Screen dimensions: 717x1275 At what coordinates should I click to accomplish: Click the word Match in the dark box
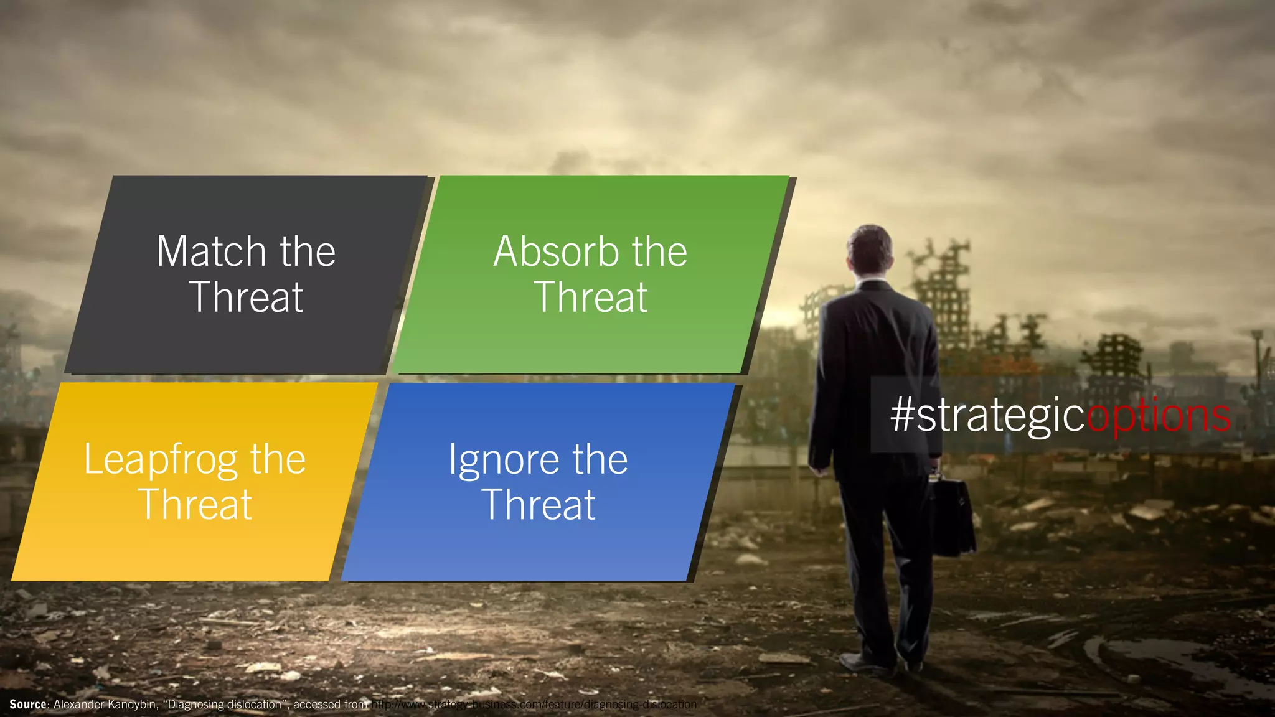coord(211,251)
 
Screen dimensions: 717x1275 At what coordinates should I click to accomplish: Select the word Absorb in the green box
coord(556,251)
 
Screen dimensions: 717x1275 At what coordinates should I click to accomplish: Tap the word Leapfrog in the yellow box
coord(161,461)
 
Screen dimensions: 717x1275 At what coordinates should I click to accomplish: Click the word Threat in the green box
coord(591,297)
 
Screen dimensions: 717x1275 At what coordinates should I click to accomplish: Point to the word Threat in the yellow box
coord(195,504)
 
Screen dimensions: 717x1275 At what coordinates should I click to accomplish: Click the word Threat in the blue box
coord(539,504)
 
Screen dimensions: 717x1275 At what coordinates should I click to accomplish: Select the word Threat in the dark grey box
coord(246,297)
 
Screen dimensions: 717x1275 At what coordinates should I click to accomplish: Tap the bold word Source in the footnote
coord(29,705)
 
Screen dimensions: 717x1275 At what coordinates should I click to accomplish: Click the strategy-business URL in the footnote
coord(534,705)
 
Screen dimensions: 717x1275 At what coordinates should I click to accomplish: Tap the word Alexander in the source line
coord(79,705)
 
